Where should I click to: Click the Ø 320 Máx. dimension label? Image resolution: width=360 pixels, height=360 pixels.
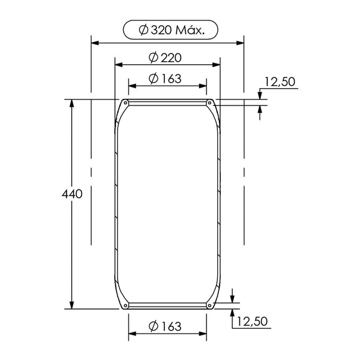[171, 30]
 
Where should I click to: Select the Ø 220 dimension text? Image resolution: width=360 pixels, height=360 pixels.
[165, 58]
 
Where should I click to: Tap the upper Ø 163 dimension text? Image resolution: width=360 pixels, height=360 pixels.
[165, 79]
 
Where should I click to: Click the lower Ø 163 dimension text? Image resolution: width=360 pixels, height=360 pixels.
[165, 326]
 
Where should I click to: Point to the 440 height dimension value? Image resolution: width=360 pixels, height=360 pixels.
[72, 194]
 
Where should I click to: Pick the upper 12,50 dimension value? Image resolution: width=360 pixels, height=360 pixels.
[280, 82]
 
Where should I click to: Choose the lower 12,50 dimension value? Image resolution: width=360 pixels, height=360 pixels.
[252, 321]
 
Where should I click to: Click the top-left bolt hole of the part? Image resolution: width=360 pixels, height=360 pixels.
[125, 103]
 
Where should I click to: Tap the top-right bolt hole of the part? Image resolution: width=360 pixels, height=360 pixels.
[209, 103]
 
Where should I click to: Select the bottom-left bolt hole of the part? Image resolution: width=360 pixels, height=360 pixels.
[125, 305]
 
